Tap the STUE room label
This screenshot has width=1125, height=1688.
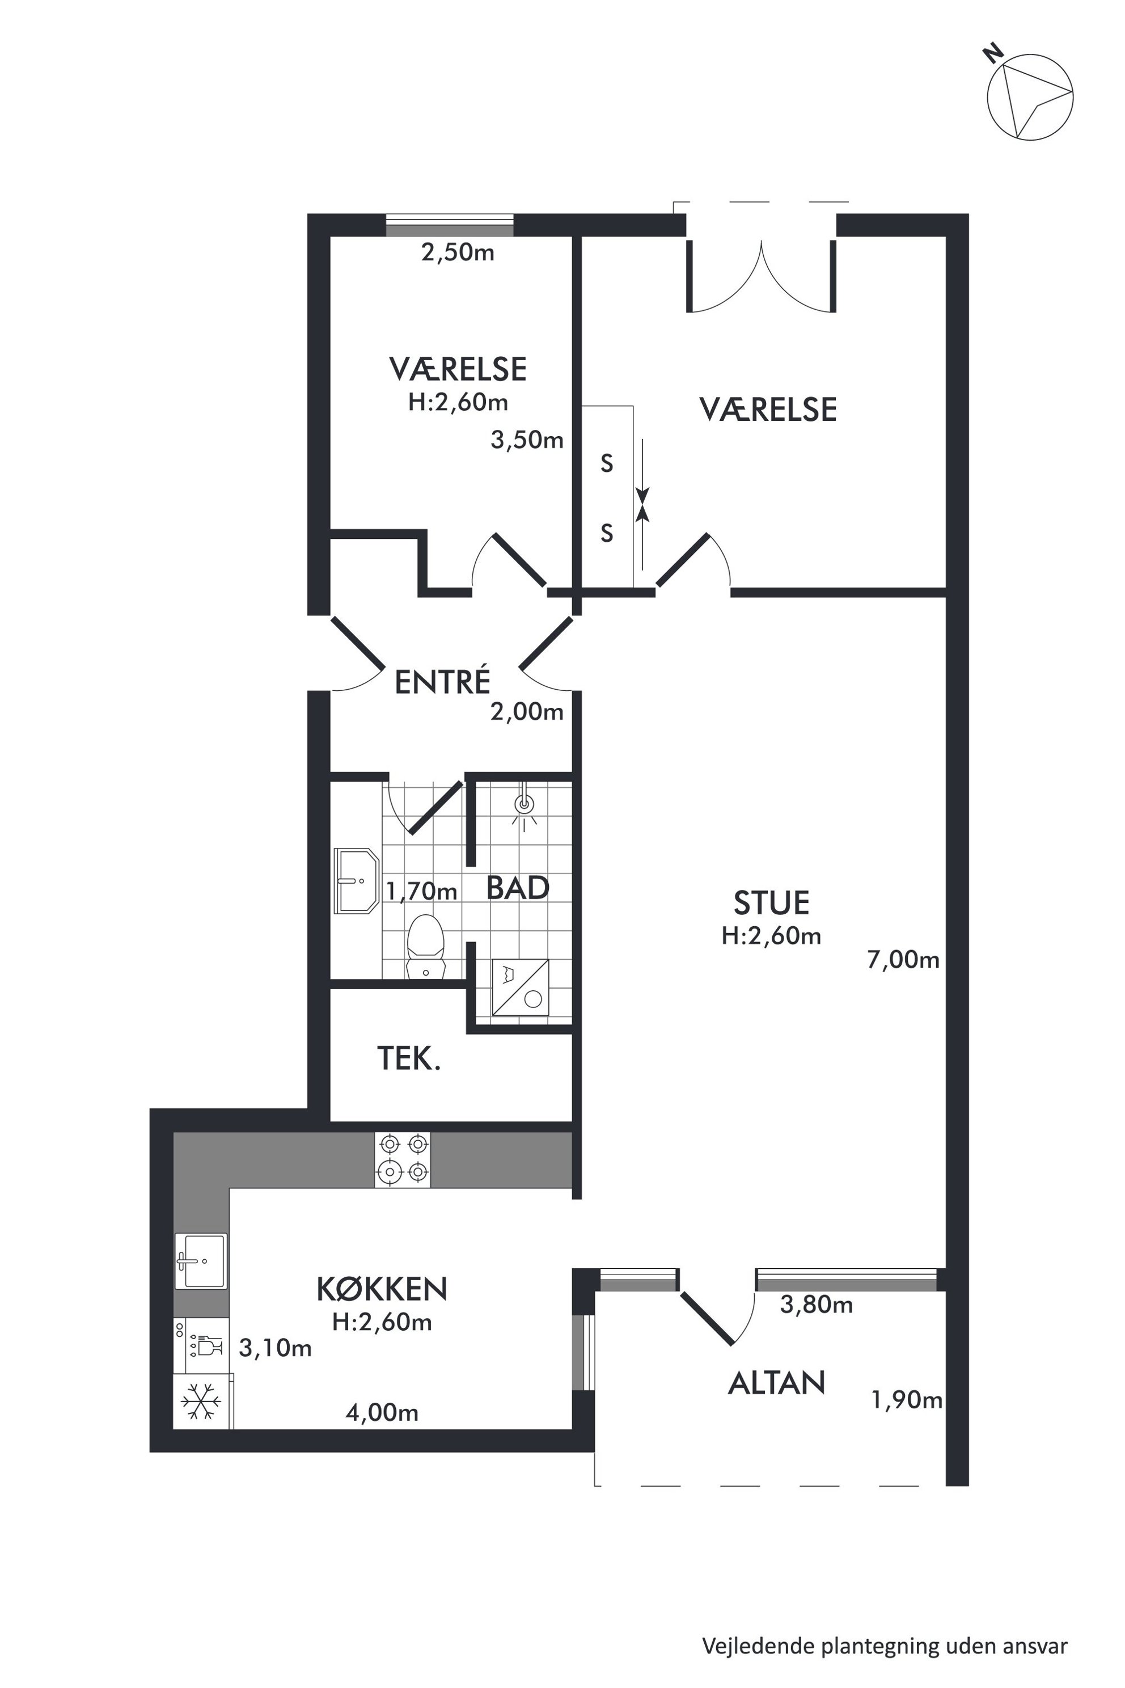pos(771,903)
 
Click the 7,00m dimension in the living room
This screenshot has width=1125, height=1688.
pos(903,960)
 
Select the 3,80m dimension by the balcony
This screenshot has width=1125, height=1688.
pos(817,1305)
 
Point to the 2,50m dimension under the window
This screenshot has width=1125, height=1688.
pos(458,252)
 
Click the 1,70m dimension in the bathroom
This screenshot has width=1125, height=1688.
pos(421,892)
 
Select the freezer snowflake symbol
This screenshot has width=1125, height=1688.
pos(201,1401)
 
